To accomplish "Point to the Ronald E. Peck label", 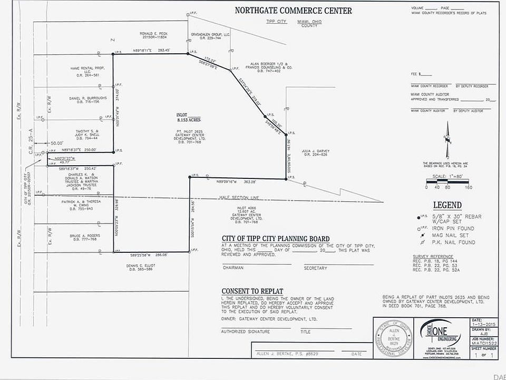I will (x=153, y=35).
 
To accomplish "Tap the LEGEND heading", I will (x=447, y=205).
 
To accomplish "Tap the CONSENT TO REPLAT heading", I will (x=252, y=291).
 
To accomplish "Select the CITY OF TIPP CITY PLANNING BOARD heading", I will (x=276, y=239).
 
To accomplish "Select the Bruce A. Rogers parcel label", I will (x=83, y=237).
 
